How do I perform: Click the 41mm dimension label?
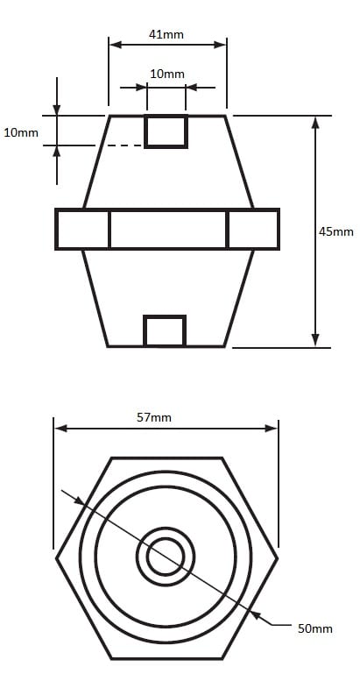pyautogui.click(x=166, y=34)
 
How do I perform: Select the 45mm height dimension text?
pyautogui.click(x=336, y=231)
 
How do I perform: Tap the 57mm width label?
pyautogui.click(x=154, y=417)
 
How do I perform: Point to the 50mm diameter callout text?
pyautogui.click(x=315, y=628)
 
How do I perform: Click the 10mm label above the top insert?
pyautogui.click(x=167, y=74)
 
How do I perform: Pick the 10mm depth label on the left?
pyautogui.click(x=21, y=132)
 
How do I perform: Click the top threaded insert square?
pyautogui.click(x=166, y=131)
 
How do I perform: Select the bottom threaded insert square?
pyautogui.click(x=165, y=330)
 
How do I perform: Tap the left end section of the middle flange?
pyautogui.click(x=82, y=229)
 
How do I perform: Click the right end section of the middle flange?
pyautogui.click(x=253, y=229)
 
